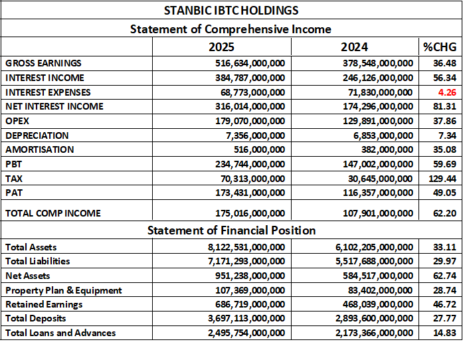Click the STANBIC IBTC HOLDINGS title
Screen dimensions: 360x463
231,11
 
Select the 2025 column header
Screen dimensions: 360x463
221,47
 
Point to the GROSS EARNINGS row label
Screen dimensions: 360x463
43,63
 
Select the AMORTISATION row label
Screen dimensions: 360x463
40,149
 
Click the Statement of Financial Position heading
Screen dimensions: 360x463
231,230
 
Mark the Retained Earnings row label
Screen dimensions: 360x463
44,304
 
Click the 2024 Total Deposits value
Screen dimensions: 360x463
373,319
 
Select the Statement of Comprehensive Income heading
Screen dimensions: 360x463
231,29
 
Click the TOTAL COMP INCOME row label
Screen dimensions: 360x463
53,213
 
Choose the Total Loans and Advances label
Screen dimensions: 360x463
60,333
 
